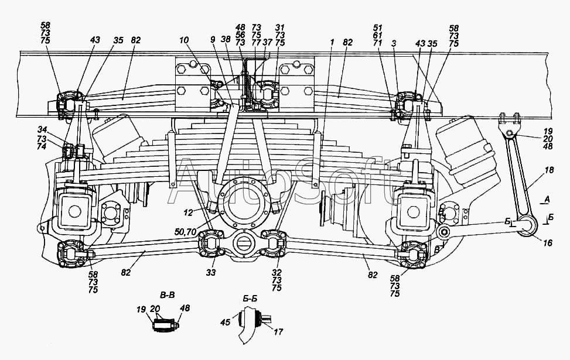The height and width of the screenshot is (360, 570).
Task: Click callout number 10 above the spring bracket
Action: (185, 40)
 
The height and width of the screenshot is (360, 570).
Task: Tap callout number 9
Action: (213, 40)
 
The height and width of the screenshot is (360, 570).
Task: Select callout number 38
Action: (226, 40)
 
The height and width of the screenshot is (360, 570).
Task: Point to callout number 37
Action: (268, 43)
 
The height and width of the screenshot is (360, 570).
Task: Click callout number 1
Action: (332, 43)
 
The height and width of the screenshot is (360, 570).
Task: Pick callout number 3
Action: (394, 44)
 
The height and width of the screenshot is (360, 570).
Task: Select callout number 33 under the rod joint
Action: (211, 272)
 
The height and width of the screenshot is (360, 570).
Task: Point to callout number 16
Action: (547, 243)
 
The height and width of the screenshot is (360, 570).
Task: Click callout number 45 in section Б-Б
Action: (226, 322)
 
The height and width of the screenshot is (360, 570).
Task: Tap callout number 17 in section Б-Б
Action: (278, 331)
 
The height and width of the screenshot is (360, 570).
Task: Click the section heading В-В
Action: (167, 295)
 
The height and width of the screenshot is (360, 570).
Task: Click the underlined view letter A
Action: (548, 200)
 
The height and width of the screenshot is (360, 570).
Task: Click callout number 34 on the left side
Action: (42, 129)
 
